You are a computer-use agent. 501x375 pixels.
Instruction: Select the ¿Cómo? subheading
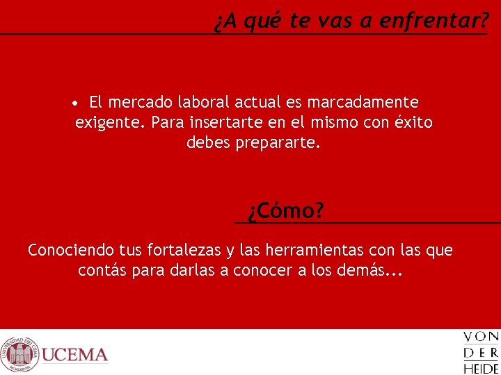click(286, 210)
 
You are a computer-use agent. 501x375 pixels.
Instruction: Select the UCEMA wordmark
click(75, 356)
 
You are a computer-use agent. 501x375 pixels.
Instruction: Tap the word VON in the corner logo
click(481, 337)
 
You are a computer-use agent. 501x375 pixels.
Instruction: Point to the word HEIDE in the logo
click(481, 368)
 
